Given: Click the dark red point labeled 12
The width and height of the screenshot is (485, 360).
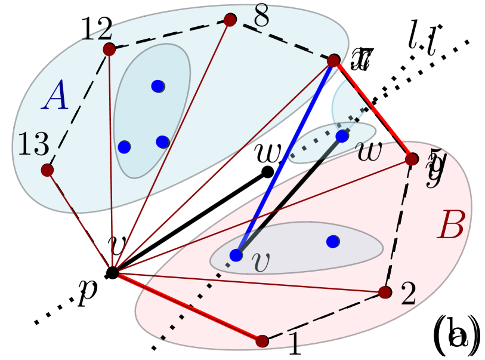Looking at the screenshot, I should click(x=109, y=49).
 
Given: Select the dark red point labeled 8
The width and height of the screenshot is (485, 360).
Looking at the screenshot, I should click(x=230, y=20).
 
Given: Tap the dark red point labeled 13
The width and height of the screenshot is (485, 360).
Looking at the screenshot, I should click(x=47, y=171).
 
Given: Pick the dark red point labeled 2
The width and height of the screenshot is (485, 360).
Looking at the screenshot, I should click(x=385, y=292).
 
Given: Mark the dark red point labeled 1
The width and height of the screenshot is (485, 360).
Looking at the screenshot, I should click(x=261, y=341).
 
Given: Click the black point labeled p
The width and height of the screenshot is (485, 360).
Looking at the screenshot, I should click(x=112, y=273).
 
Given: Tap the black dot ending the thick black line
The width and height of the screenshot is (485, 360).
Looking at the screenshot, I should click(x=268, y=172).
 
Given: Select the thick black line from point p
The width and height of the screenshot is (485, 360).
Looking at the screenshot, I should click(x=190, y=222).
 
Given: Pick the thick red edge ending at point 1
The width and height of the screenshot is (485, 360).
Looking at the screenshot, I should click(x=186, y=307).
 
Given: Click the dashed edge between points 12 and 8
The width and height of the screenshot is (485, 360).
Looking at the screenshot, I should click(x=169, y=34).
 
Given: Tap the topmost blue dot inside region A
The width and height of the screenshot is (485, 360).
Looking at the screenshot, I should click(x=157, y=86).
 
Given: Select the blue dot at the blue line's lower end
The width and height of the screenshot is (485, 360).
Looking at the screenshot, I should click(x=236, y=255).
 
